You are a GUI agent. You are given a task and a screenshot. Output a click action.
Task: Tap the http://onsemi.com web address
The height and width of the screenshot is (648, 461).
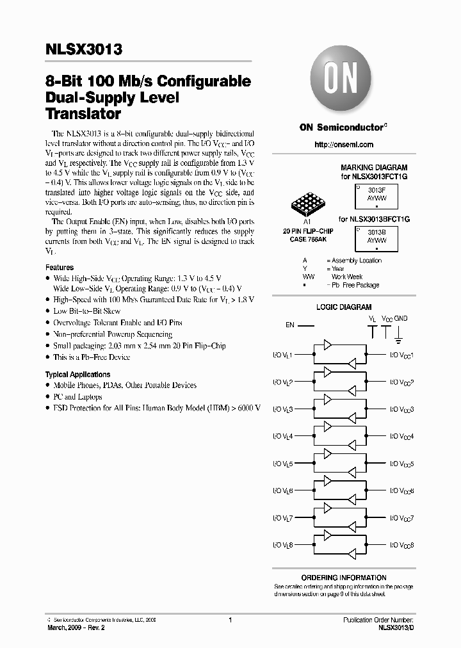click(x=344, y=146)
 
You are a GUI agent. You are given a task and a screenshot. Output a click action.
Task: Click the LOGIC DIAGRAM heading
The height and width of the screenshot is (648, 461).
click(x=343, y=307)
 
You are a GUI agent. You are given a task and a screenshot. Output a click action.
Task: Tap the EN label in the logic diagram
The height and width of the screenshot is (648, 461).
click(x=290, y=325)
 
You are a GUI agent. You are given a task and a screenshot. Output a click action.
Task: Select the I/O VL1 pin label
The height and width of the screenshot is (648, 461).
click(x=282, y=355)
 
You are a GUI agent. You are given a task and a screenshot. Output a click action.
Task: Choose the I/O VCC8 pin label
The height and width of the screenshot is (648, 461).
click(x=402, y=545)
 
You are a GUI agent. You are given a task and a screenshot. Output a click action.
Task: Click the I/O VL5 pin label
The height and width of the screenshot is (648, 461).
click(x=282, y=464)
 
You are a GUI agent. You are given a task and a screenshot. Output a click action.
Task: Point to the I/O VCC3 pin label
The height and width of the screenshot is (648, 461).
click(x=402, y=409)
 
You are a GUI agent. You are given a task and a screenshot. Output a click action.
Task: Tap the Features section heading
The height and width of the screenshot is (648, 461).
click(x=59, y=267)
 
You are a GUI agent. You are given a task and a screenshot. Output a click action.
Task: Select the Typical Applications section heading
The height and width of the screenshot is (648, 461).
click(x=77, y=374)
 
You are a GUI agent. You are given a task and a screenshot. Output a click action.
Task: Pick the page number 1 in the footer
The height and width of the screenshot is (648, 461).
click(x=229, y=620)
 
